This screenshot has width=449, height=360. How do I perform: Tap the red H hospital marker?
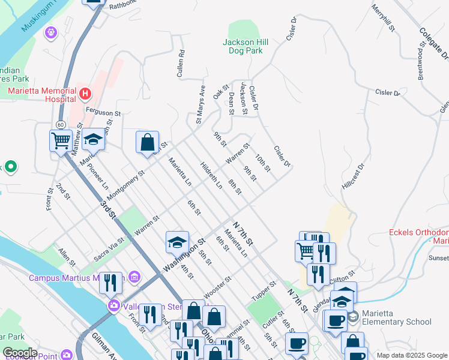pyautogui.click(x=85, y=94)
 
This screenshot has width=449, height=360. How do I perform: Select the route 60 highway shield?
pyautogui.click(x=61, y=124)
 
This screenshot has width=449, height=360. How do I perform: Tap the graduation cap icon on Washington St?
pyautogui.click(x=177, y=242)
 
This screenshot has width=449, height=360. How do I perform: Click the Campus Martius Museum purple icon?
pyautogui.click(x=134, y=278)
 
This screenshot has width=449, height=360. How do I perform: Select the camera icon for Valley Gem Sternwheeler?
pyautogui.click(x=113, y=307)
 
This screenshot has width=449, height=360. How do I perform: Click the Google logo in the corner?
pyautogui.click(x=20, y=353)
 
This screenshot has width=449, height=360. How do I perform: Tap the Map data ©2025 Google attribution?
pyautogui.click(x=412, y=355)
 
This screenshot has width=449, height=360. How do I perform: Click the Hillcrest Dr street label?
pyautogui.click(x=353, y=177)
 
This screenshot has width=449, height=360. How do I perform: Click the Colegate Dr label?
pyautogui.click(x=434, y=44)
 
